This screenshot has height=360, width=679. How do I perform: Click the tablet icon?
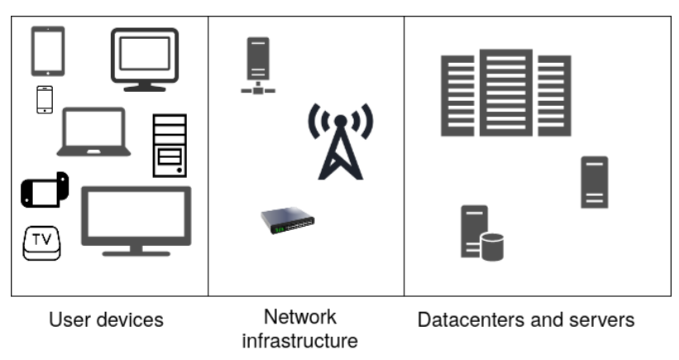point(48,51)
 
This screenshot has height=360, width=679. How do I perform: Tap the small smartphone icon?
point(45,99)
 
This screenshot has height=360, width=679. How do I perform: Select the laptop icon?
point(93,132)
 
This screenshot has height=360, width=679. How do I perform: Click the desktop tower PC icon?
point(170,146)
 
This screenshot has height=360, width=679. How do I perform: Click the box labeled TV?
point(41,243)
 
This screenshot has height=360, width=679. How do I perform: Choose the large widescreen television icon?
point(136,220)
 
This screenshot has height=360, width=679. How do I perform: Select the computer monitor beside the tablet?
point(145,59)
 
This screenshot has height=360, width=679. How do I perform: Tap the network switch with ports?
point(288,220)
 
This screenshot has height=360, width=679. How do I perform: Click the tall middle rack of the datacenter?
point(505,92)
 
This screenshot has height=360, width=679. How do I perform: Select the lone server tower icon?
point(594,181)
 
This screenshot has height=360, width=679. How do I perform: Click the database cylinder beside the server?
point(492,247)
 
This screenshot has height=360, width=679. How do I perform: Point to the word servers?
point(605,319)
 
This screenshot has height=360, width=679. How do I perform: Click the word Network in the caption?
point(299,316)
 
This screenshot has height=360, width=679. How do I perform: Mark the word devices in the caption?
point(127,319)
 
